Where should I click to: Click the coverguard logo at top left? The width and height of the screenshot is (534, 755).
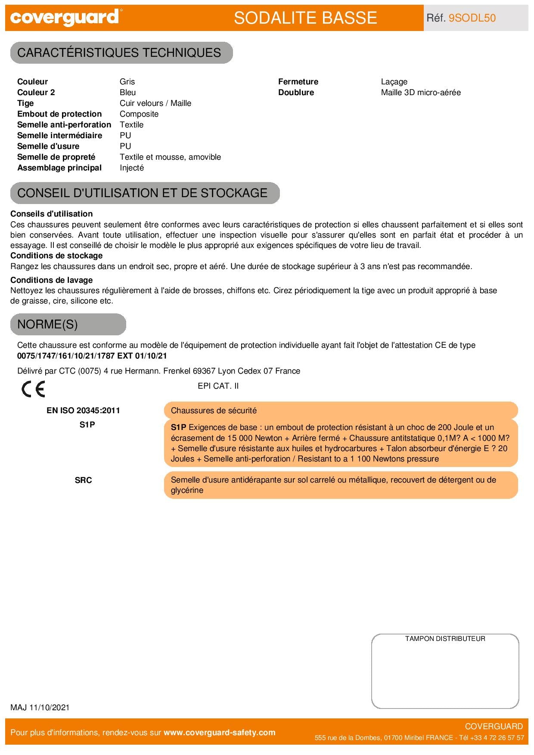coord(65,18)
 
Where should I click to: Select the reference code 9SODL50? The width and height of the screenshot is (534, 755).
coord(472,18)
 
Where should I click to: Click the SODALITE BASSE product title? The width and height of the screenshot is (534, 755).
coord(305,18)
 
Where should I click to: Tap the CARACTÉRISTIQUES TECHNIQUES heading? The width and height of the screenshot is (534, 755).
coord(119,53)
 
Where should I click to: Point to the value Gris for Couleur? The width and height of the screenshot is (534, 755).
coord(127,82)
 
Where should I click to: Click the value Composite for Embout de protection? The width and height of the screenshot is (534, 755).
coord(139,114)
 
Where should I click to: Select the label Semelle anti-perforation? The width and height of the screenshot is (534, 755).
coord(64,125)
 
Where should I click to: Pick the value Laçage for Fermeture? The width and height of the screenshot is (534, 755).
coord(394,82)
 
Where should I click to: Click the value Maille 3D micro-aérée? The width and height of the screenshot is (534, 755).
coord(421,93)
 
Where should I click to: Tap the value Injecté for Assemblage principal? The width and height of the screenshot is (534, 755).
coord(132,168)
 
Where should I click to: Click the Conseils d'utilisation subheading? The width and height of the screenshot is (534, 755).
coord(52,214)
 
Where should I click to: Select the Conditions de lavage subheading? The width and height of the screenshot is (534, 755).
coord(52,280)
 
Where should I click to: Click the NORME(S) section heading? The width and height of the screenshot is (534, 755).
coord(48,325)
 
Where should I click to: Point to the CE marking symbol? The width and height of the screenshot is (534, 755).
coord(33,389)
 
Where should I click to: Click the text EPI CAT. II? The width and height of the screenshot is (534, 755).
coord(218,386)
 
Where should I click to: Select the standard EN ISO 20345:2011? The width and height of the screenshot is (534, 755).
coord(83,411)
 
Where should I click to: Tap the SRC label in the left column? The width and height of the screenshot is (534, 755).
coord(83,480)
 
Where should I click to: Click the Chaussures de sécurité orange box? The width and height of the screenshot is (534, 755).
coord(340,411)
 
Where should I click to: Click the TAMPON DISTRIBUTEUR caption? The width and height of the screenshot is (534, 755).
coord(445,639)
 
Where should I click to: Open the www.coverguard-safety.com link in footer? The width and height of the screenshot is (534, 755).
coord(219,733)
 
